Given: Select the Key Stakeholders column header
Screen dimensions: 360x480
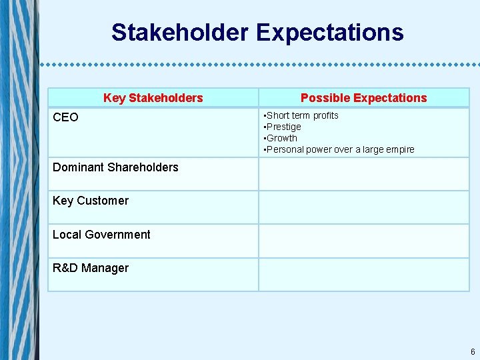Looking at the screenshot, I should tap(153, 98).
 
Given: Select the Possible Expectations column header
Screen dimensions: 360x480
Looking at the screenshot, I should tap(363, 98).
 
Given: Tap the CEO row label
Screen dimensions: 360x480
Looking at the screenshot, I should tap(65, 117).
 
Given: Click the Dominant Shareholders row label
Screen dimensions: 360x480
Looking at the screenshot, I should tap(115, 167).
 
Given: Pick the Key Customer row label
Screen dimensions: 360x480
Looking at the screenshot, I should tap(91, 201).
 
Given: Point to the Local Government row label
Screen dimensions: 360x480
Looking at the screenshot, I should tap(101, 235).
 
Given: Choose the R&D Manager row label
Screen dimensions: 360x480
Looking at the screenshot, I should tap(91, 268).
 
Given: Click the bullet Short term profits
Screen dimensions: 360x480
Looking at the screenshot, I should tap(302, 115).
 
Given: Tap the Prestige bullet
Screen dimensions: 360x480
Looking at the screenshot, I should tap(283, 127).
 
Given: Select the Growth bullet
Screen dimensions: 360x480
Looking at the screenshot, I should tap(281, 138).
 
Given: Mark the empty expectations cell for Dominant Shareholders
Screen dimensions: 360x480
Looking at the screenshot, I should tap(363, 174).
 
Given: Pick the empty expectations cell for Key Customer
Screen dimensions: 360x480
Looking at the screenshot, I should tap(363, 207).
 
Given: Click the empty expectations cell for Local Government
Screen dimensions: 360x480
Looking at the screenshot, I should tap(363, 241).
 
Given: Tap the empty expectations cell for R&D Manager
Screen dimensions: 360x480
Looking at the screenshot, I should tap(363, 275).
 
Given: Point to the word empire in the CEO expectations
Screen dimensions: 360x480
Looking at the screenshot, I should tap(399, 149).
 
